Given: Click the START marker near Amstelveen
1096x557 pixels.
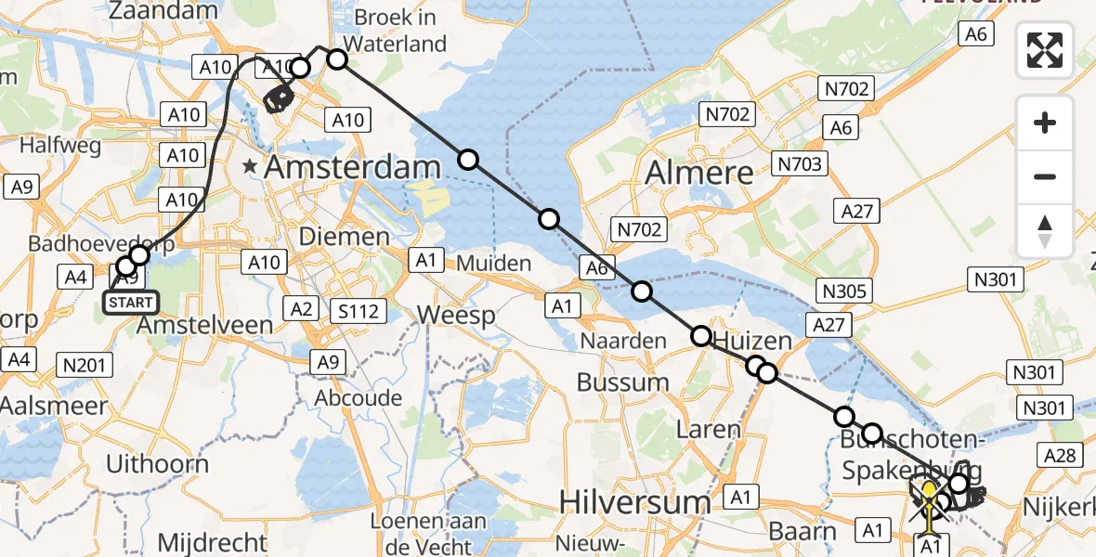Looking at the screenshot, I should [x=131, y=303].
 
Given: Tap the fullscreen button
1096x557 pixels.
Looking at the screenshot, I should [x=1045, y=50].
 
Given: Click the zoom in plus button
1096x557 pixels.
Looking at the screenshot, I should [x=1045, y=123].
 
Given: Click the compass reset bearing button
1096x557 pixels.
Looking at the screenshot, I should [x=1045, y=231].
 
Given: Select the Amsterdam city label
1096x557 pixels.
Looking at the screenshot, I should [x=352, y=168].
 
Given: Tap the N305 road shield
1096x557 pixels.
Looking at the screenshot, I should [x=843, y=291].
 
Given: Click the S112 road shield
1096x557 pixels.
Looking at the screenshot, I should [x=359, y=312].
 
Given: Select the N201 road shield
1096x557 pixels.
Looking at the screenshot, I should [x=83, y=366].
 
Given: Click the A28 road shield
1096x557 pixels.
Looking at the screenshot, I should [x=1060, y=455].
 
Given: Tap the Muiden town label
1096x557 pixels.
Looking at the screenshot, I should [x=492, y=264].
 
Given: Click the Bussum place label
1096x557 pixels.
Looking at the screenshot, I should [x=622, y=382].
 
